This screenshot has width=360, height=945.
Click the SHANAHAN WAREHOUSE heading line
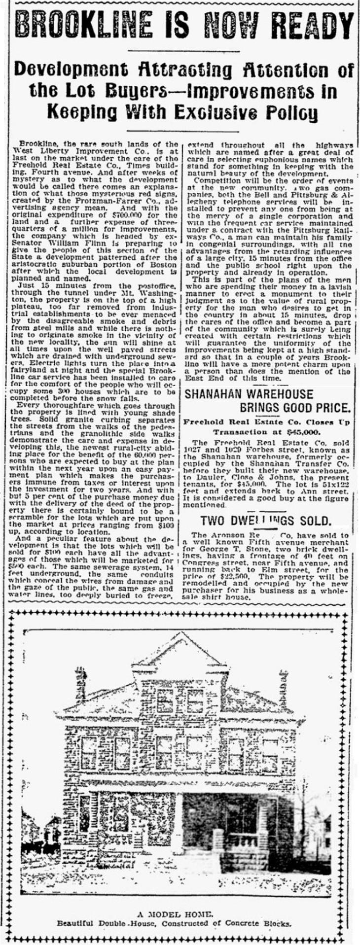[249, 394]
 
